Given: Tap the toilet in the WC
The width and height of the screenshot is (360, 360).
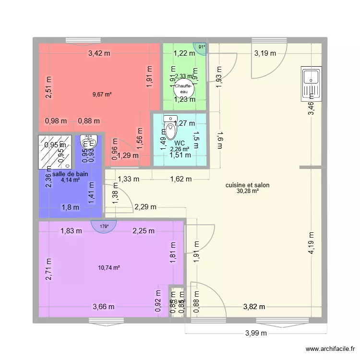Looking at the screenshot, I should point(170,125).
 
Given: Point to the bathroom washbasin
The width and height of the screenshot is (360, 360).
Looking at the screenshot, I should point(90,140).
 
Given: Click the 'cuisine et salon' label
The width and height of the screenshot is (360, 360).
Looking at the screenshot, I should point(247,185).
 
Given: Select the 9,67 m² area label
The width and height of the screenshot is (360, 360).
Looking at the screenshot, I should point(102,95).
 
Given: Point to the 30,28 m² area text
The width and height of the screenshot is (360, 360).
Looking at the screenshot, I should point(247,191).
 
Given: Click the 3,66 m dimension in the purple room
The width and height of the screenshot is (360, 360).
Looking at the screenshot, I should point(104,307).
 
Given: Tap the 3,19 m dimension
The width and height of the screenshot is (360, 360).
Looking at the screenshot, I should point(265,53).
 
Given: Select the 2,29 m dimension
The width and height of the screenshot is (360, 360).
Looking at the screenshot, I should point(145,207).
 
